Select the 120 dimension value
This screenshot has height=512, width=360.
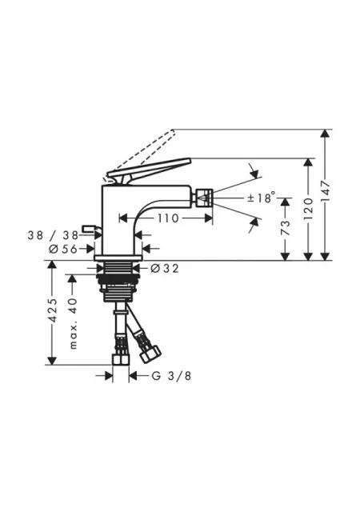pyautogui.click(x=309, y=209)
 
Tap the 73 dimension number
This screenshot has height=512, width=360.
pyautogui.click(x=285, y=227)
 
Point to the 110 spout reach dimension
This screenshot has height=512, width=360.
pyautogui.click(x=168, y=218)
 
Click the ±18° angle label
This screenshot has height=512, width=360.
pyautogui.click(x=261, y=198)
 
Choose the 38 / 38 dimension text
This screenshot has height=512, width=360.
pyautogui.click(x=53, y=235)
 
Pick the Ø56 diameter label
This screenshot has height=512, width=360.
pyautogui.click(x=63, y=249)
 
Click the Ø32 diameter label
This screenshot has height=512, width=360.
pyautogui.click(x=165, y=269)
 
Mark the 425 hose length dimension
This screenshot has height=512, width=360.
pyautogui.click(x=52, y=310)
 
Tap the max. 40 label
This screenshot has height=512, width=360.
pyautogui.click(x=73, y=323)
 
